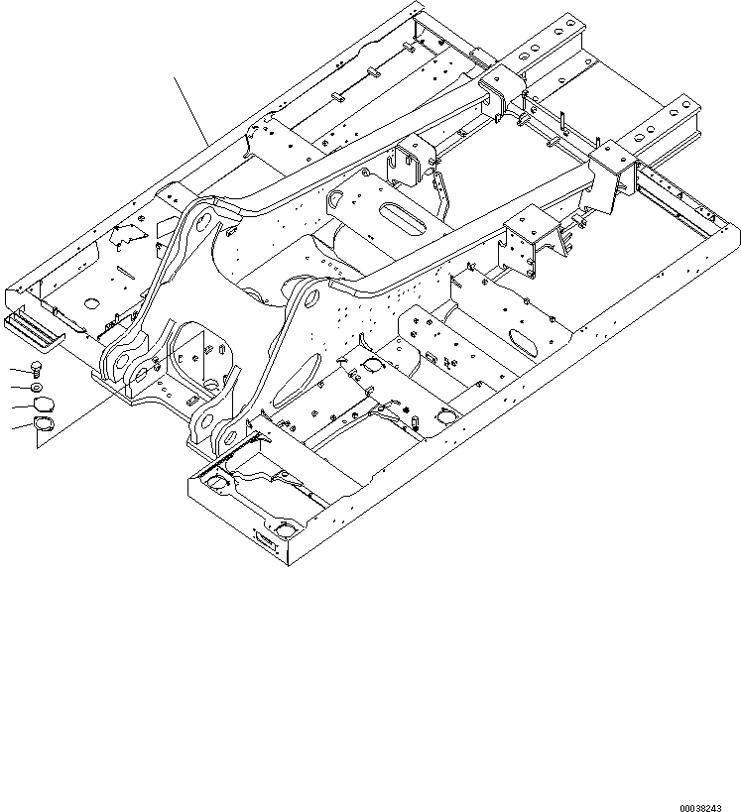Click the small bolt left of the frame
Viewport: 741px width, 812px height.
(x=37, y=368)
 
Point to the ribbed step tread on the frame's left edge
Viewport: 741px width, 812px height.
(x=33, y=328)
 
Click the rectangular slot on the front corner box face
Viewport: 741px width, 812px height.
(x=263, y=538)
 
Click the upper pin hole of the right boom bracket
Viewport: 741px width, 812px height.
(x=308, y=297)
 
